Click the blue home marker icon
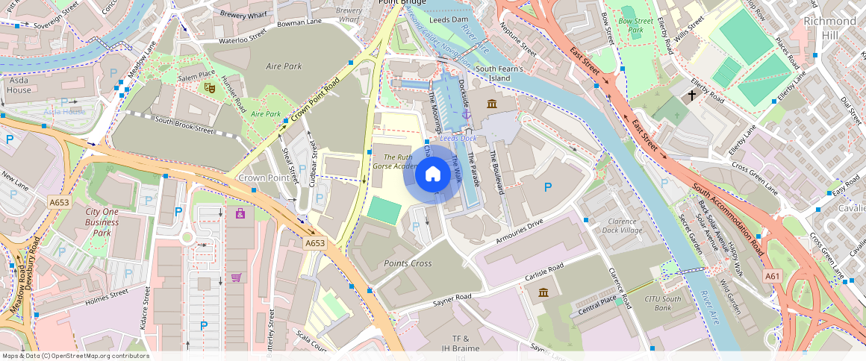click(432, 175)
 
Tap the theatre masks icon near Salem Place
click(211, 87)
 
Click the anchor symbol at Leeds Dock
click(467, 114)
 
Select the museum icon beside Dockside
click(491, 103)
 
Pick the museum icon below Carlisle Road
click(543, 292)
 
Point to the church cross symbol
click(692, 95)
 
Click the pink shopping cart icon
click(237, 277)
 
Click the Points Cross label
click(408, 264)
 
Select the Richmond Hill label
click(829, 28)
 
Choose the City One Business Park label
click(102, 222)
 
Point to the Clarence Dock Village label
click(622, 225)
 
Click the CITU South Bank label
click(663, 303)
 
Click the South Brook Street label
click(184, 125)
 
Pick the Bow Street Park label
click(636, 26)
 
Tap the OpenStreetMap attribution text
click(75, 356)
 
